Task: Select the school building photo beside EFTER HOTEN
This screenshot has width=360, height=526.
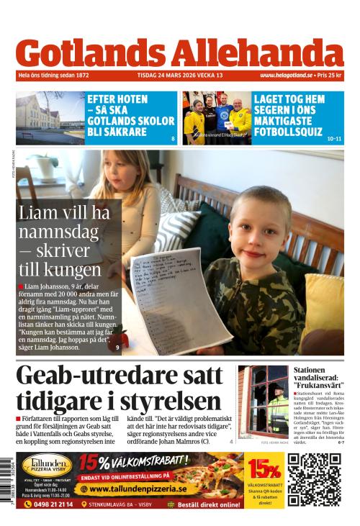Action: pos(50,118)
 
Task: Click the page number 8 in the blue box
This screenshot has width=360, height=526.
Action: pos(173,138)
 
